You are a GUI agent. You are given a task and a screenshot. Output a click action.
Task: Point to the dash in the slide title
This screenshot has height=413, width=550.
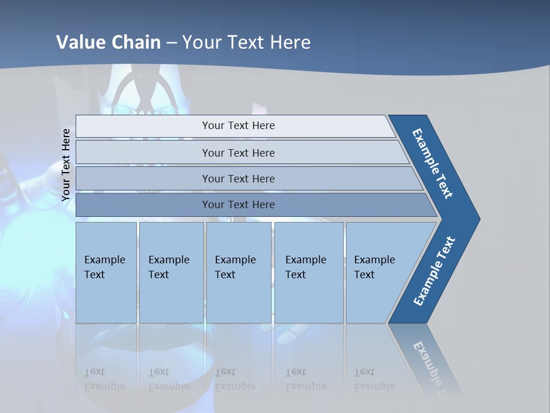[171, 42]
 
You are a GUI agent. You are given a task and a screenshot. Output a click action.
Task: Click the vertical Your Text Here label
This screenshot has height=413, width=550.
[66, 165]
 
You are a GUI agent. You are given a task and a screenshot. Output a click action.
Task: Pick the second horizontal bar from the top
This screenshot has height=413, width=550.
[238, 153]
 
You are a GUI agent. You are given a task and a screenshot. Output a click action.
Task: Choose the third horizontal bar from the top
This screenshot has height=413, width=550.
[238, 178]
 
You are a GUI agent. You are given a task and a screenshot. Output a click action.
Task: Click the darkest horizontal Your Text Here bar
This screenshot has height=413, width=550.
[238, 205]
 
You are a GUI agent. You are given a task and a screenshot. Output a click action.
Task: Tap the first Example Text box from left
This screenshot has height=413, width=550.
[106, 272]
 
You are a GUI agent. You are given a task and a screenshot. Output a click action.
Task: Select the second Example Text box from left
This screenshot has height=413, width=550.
[171, 272]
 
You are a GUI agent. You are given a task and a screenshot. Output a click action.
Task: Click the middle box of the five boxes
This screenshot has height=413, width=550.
[238, 272]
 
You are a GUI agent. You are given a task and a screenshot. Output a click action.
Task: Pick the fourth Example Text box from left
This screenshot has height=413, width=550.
[309, 272]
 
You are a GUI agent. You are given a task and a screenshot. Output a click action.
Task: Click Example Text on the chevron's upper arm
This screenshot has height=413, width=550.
[433, 163]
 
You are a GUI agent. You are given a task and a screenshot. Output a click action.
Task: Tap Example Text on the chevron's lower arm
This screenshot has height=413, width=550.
[434, 271]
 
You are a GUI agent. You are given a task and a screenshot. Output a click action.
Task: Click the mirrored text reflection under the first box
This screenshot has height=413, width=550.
[104, 379]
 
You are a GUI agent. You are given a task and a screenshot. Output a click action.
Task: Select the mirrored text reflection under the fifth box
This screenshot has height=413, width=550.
[374, 379]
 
